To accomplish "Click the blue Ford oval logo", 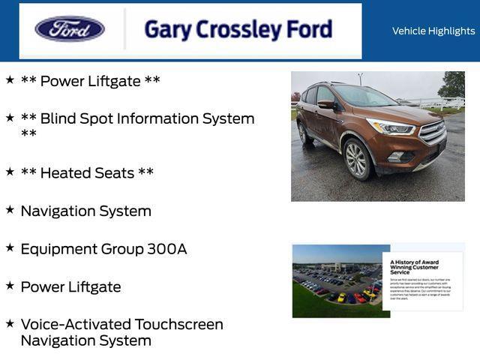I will click(x=70, y=29).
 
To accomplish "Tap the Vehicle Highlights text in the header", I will click(x=433, y=31).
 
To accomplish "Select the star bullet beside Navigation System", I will click(x=10, y=210).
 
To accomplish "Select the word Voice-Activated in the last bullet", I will click(x=75, y=325).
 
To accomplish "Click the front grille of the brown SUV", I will click(x=432, y=133).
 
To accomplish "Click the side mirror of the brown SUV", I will click(x=326, y=105).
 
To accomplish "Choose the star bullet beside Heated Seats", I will click(x=10, y=172).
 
